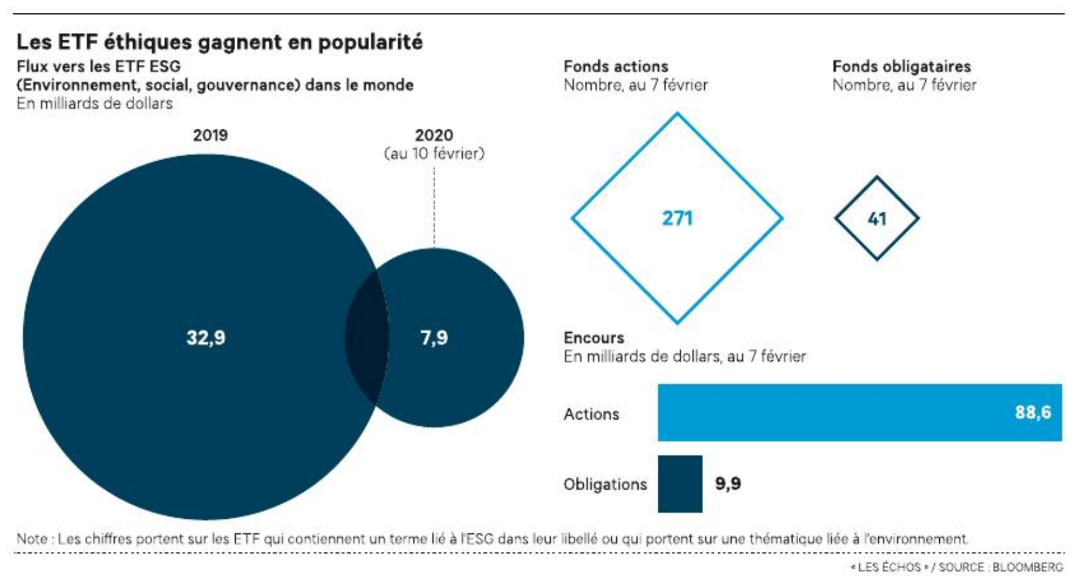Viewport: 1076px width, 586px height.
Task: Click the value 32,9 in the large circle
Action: tap(206, 338)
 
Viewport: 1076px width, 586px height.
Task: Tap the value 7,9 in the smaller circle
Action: tap(434, 338)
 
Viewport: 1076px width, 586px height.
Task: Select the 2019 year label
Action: tap(210, 135)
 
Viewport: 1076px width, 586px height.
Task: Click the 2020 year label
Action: tap(434, 135)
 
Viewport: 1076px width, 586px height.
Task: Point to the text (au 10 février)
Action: tap(434, 153)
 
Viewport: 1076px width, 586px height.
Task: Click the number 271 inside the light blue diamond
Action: tap(677, 219)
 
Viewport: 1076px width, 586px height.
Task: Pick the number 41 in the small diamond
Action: tap(877, 219)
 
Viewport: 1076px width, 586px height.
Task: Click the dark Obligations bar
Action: tap(680, 483)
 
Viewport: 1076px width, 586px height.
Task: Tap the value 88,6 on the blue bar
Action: tap(1033, 413)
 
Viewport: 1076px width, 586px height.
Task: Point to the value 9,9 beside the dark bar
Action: tap(728, 483)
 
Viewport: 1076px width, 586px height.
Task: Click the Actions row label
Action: tap(591, 414)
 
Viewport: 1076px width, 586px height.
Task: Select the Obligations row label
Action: tap(605, 484)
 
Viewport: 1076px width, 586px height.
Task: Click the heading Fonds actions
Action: tap(616, 66)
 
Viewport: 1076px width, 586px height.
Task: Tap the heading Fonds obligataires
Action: tap(901, 66)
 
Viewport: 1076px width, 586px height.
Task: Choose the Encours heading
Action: tap(594, 338)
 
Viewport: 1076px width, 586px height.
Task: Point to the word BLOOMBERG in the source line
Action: tap(1028, 567)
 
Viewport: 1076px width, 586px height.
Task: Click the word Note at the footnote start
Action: tap(32, 539)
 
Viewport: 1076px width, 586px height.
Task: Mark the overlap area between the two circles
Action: tap(367, 338)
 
